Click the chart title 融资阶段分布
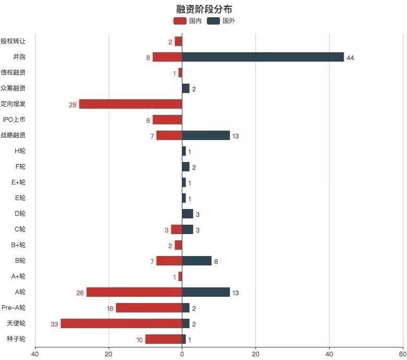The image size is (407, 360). click(204, 9)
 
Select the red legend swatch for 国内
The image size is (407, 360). click(179, 21)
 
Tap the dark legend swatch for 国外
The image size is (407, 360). click(213, 21)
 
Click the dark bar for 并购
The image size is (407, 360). click(263, 57)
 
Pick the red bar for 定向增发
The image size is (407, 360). click(130, 104)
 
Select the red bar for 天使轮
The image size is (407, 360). click(121, 323)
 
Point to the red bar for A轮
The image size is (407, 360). click(134, 292)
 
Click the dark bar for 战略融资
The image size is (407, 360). click(206, 135)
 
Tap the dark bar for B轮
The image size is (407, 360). click(196, 261)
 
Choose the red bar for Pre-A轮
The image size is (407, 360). click(148, 308)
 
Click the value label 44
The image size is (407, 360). click(350, 57)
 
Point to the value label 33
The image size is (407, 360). click(54, 324)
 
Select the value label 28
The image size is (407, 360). click(73, 104)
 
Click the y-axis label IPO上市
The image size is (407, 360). click(14, 120)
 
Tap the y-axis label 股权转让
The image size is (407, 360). click(13, 41)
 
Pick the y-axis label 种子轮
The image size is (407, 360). click(15, 339)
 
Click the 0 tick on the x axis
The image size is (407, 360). click(182, 353)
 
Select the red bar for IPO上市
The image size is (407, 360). click(167, 120)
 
